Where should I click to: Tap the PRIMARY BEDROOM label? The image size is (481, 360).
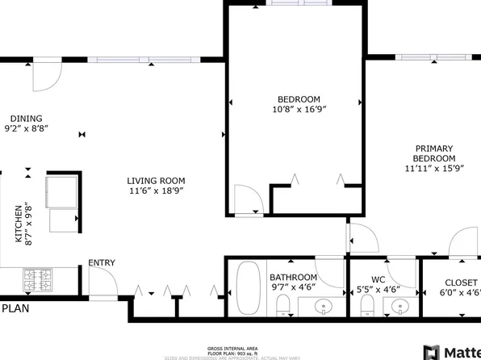434,153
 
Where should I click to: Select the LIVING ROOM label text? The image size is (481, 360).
156,181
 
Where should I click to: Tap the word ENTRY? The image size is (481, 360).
101,262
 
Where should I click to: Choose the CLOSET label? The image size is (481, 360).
461,283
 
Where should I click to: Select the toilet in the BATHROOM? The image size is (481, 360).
282,306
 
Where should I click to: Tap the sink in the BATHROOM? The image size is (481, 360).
324,306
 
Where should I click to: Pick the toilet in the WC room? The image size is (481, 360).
366,306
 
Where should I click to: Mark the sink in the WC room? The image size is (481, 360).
398,306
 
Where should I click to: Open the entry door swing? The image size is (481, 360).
101,283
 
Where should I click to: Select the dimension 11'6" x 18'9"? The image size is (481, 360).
156,191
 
